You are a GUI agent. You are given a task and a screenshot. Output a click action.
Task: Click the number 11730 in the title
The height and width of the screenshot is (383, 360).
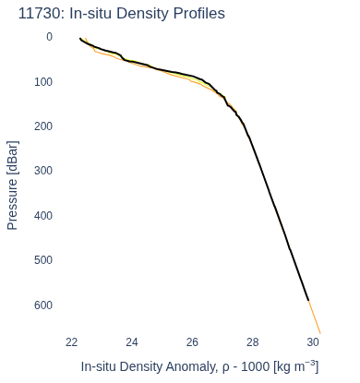tap(39, 14)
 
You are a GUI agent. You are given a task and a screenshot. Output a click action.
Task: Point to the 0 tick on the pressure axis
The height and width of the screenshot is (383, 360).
tap(49, 37)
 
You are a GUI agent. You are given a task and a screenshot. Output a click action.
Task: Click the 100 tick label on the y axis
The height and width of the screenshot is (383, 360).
tap(43, 82)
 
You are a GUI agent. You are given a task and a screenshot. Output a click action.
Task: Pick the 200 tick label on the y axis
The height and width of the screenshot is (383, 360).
tap(43, 126)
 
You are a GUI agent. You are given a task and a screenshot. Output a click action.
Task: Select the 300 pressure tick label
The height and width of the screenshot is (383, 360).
tap(43, 171)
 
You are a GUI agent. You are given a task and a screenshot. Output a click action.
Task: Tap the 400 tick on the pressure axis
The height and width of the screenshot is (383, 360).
tap(43, 216)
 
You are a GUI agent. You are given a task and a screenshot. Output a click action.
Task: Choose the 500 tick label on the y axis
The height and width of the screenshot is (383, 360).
tap(43, 260)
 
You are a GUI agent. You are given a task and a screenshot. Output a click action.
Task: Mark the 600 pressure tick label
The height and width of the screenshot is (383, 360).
tap(43, 305)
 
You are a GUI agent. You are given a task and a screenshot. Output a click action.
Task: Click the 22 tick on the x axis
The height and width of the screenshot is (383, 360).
tap(71, 342)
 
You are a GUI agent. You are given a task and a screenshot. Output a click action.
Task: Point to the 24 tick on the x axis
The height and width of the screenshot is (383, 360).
tap(132, 342)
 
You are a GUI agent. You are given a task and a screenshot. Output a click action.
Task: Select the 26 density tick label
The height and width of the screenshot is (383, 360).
tap(192, 342)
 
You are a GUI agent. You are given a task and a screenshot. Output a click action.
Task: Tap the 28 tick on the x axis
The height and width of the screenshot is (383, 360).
tap(252, 342)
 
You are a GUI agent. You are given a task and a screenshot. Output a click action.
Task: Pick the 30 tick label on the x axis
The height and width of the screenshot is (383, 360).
tap(313, 342)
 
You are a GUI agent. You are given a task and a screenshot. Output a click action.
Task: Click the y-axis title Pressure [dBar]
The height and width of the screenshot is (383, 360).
tap(13, 186)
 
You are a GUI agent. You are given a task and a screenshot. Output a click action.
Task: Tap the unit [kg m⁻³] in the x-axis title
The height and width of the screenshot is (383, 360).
tap(296, 366)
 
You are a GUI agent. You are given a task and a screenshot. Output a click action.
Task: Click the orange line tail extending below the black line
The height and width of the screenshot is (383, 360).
tap(315, 317)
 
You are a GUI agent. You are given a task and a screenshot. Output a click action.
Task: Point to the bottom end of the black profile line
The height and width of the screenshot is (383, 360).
tap(308, 300)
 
